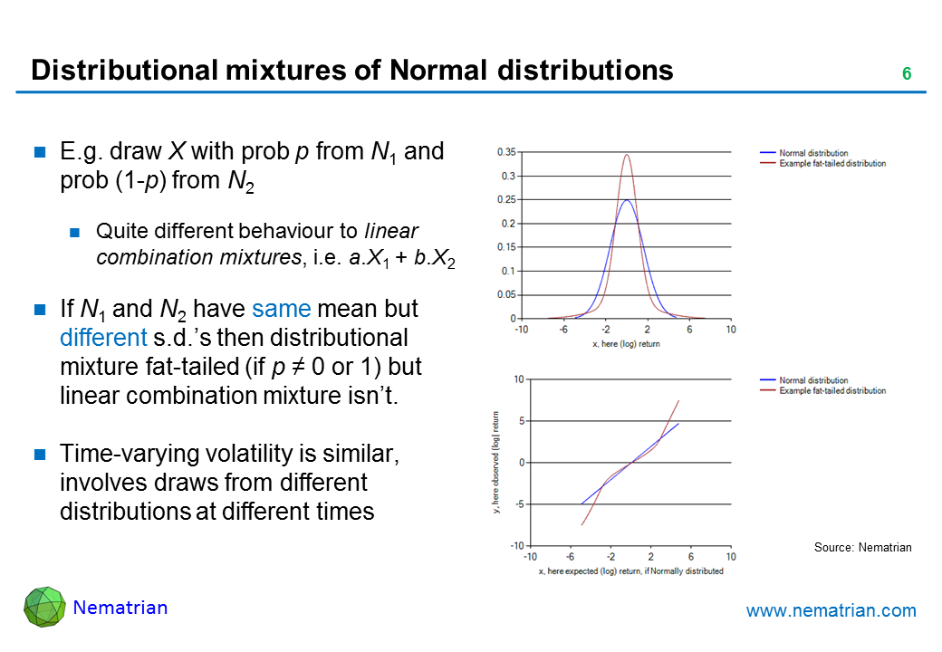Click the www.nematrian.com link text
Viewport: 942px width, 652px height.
[x=831, y=611]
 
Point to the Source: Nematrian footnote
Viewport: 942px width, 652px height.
[x=862, y=547]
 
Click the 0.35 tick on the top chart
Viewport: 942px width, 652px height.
[x=506, y=152]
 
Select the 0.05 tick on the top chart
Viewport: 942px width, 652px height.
[x=506, y=294]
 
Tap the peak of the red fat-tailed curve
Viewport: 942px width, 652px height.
[x=626, y=154]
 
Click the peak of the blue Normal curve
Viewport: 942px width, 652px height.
[x=626, y=200]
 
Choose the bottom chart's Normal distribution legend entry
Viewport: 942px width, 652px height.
[x=813, y=380]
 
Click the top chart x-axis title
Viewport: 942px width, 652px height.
[x=626, y=344]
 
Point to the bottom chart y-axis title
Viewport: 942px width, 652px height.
[x=497, y=463]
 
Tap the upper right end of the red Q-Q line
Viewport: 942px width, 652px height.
[x=678, y=400]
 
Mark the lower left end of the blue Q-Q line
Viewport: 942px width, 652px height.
[x=582, y=504]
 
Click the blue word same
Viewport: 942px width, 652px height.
[x=281, y=310]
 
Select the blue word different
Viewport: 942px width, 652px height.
[x=102, y=339]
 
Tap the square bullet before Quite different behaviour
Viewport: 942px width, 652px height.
[x=76, y=230]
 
